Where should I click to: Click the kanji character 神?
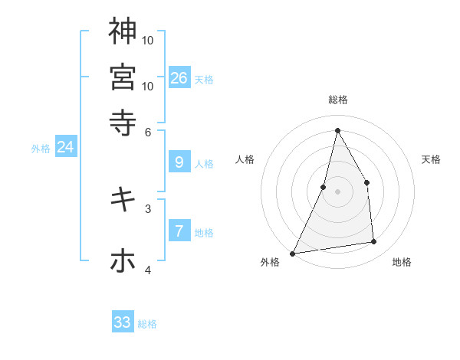123,31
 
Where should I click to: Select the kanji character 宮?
123,77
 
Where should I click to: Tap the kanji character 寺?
123,121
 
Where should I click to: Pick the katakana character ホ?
123,261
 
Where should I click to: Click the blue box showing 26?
179,77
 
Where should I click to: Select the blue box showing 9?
179,162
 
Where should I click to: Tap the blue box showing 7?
179,231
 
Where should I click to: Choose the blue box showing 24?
65,147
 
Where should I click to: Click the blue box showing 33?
123,322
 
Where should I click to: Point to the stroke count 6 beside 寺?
149,131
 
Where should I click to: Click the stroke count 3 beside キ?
148,208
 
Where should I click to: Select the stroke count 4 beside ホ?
148,270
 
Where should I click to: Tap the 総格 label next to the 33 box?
148,324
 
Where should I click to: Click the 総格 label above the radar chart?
337,100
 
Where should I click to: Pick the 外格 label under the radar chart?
270,262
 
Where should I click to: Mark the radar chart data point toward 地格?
374,242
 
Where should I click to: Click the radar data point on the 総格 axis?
337,130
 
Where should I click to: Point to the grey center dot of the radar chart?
337,191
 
